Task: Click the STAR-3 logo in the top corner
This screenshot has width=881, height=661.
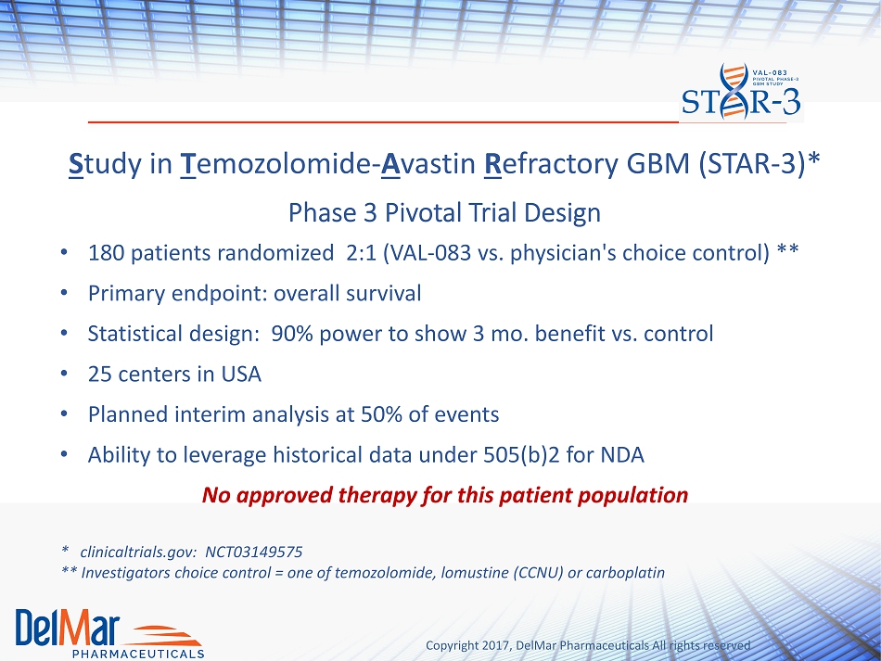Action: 741,92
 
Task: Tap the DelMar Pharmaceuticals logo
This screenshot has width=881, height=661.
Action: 109,633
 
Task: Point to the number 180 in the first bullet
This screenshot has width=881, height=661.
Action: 106,253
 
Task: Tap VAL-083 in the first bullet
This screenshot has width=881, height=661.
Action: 427,253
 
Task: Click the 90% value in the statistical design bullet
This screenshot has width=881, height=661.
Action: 291,334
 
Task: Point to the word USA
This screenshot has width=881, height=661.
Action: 241,374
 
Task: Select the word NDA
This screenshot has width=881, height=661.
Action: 622,455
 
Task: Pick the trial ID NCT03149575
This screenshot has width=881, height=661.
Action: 253,552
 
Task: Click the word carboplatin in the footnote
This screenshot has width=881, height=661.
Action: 625,573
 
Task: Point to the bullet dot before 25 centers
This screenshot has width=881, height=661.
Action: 65,374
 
